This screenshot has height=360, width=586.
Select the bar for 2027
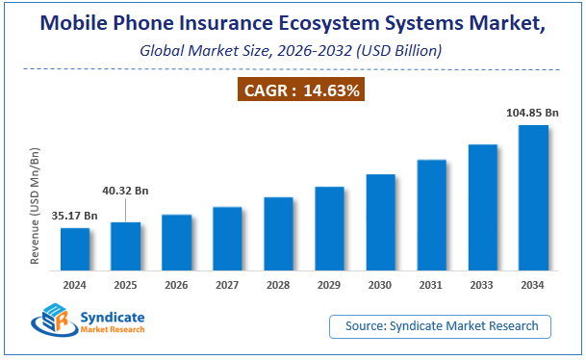pos(228,238)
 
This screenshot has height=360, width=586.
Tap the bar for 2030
pos(380,221)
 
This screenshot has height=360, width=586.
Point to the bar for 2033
pos(482,207)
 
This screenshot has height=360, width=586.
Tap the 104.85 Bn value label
pos(532,114)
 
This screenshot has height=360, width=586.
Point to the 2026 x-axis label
pos(177,284)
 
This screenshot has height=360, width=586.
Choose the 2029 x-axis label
pos(329,284)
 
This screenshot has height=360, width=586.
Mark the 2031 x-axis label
pos(431,284)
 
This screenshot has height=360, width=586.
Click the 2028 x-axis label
pos(278,284)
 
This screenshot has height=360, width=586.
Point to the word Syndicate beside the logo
pos(114,316)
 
